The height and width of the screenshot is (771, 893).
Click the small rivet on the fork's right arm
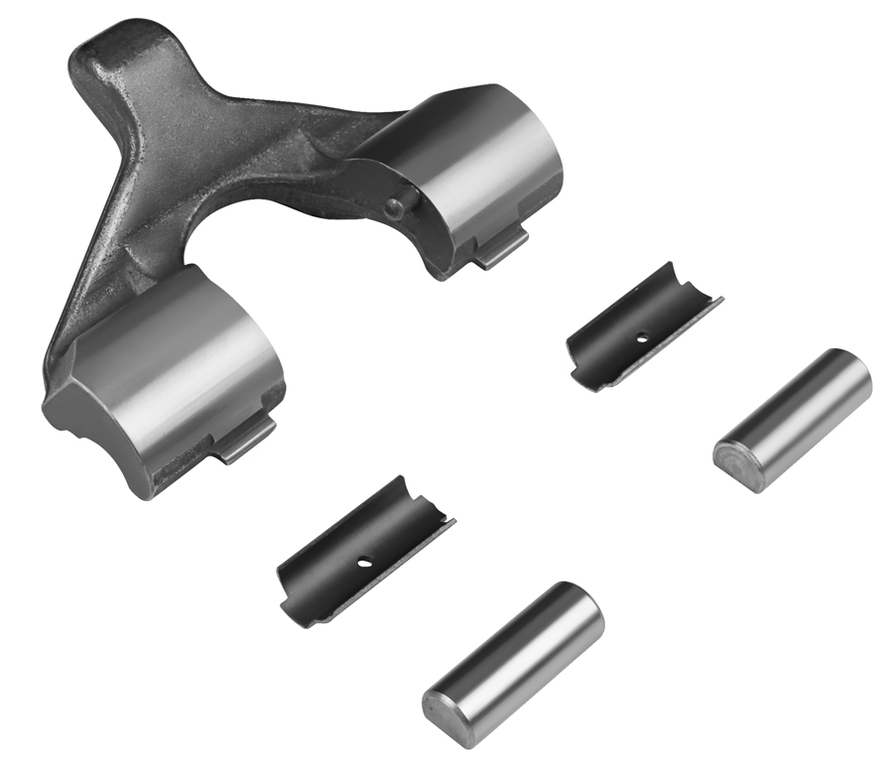point(395,207)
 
